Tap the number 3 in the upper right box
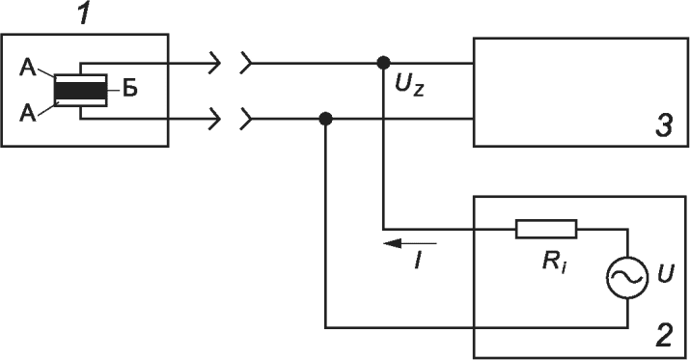click(x=664, y=125)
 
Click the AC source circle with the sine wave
click(x=627, y=277)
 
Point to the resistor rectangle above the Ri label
click(x=545, y=229)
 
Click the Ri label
click(x=555, y=263)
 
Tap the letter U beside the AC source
click(x=665, y=274)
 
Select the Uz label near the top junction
click(x=409, y=85)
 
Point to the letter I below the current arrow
click(x=418, y=260)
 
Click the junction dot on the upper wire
click(x=383, y=63)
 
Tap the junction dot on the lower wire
click(x=325, y=119)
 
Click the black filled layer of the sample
click(x=80, y=91)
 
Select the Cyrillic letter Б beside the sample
click(x=130, y=90)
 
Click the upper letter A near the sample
click(x=28, y=69)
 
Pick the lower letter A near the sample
click(x=28, y=114)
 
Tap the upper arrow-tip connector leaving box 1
click(x=215, y=63)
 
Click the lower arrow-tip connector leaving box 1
click(x=215, y=119)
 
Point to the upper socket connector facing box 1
click(x=245, y=63)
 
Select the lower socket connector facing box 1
click(x=245, y=119)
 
